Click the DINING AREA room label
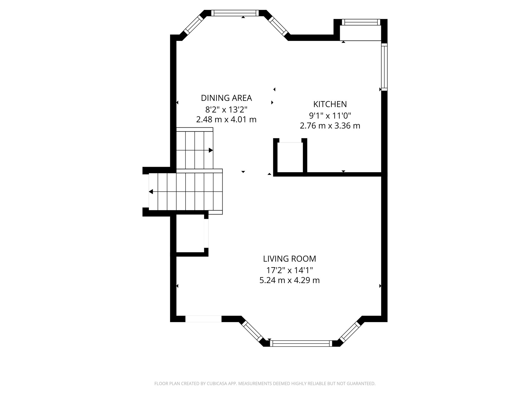226,98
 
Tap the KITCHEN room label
330,104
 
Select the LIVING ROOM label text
289,259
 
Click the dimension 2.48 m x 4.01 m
226,119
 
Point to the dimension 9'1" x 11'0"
330,115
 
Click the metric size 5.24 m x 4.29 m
289,280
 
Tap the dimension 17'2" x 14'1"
289,270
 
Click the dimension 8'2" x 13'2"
226,110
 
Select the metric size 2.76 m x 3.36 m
330,126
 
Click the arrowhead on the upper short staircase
211,150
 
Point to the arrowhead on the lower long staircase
151,192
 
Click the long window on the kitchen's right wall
384,67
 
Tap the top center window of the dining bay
235,13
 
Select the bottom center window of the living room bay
301,343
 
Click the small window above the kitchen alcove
361,22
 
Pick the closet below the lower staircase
190,234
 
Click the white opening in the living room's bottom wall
203,319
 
